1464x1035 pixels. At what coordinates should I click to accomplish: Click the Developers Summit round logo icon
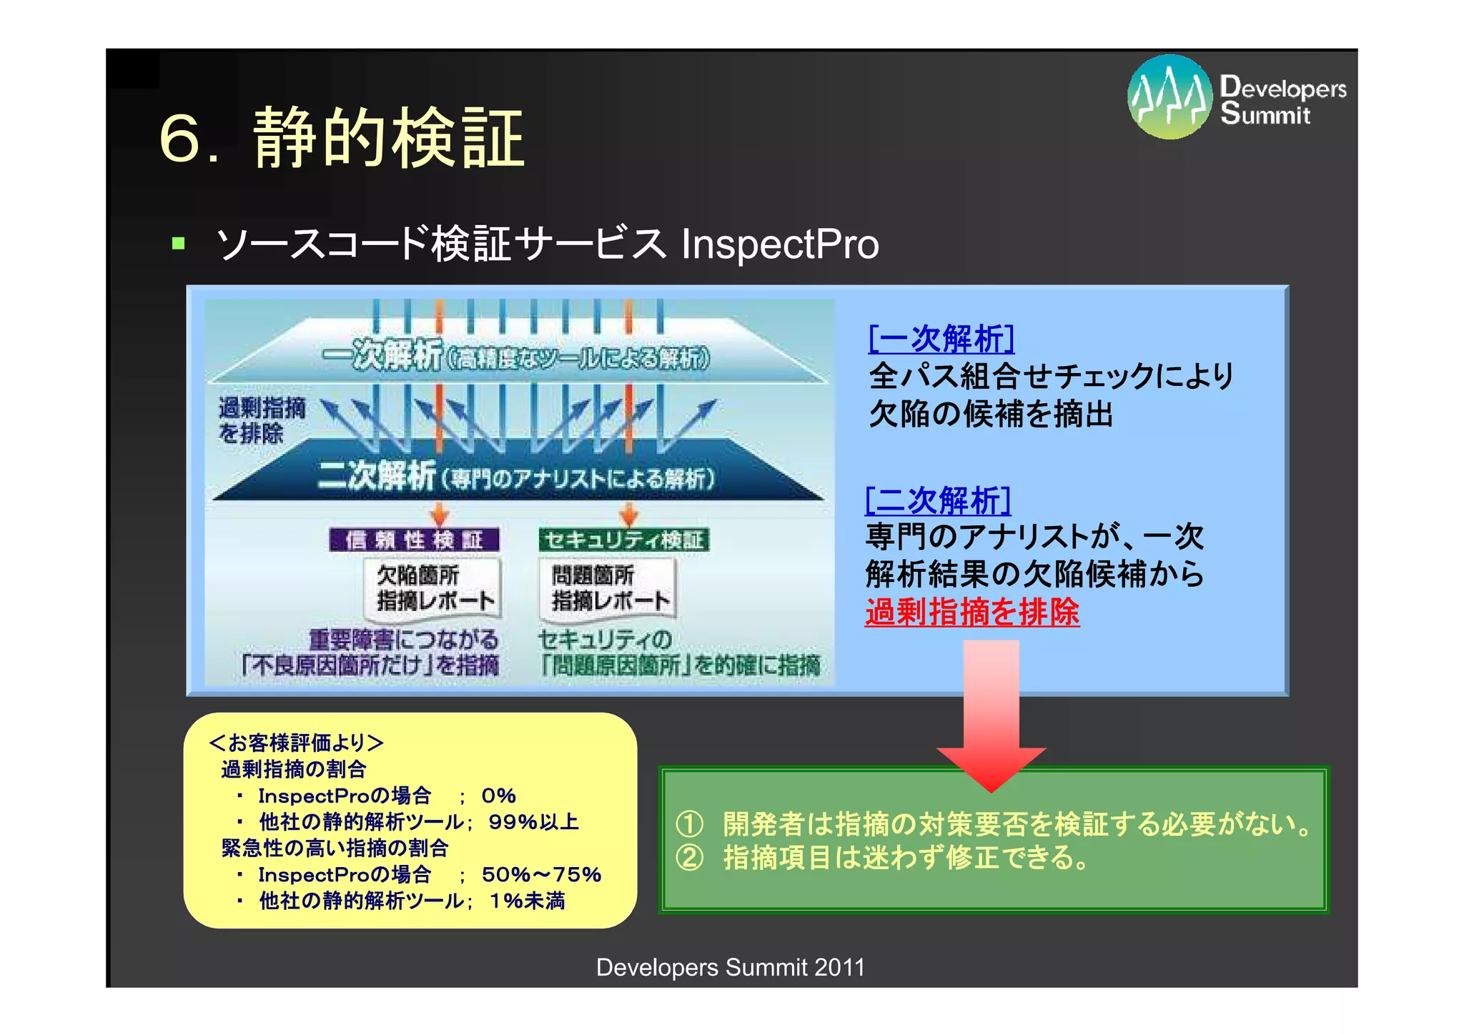pyautogui.click(x=1169, y=96)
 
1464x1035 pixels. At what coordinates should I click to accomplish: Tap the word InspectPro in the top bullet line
pyautogui.click(x=779, y=244)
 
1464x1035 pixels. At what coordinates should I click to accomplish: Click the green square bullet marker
pyautogui.click(x=179, y=244)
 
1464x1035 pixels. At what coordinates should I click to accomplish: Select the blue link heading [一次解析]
pyautogui.click(x=941, y=339)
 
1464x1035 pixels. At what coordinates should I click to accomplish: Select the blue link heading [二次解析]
pyautogui.click(x=938, y=500)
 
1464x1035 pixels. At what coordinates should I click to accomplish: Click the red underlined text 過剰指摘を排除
pyautogui.click(x=971, y=612)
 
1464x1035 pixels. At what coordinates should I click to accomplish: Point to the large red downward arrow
pyautogui.click(x=991, y=715)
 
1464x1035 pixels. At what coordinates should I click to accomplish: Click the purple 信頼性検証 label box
pyautogui.click(x=414, y=540)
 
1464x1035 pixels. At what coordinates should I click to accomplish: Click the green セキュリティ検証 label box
pyautogui.click(x=623, y=540)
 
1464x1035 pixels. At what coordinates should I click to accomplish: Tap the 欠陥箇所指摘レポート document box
pyautogui.click(x=435, y=588)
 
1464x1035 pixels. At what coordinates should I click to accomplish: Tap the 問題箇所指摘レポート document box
pyautogui.click(x=608, y=588)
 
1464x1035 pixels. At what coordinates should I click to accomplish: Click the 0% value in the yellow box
pyautogui.click(x=498, y=796)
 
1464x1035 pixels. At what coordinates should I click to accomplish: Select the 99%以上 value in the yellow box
pyautogui.click(x=533, y=822)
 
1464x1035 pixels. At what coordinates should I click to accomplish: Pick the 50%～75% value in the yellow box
pyautogui.click(x=541, y=874)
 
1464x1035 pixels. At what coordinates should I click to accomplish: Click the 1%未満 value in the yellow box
pyautogui.click(x=527, y=901)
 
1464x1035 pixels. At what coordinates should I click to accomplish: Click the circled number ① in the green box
pyautogui.click(x=689, y=824)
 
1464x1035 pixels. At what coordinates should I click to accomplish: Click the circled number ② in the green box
pyautogui.click(x=689, y=857)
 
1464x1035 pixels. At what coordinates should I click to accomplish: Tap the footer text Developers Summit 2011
pyautogui.click(x=730, y=967)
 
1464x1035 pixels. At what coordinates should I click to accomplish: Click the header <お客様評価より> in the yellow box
pyautogui.click(x=296, y=743)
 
